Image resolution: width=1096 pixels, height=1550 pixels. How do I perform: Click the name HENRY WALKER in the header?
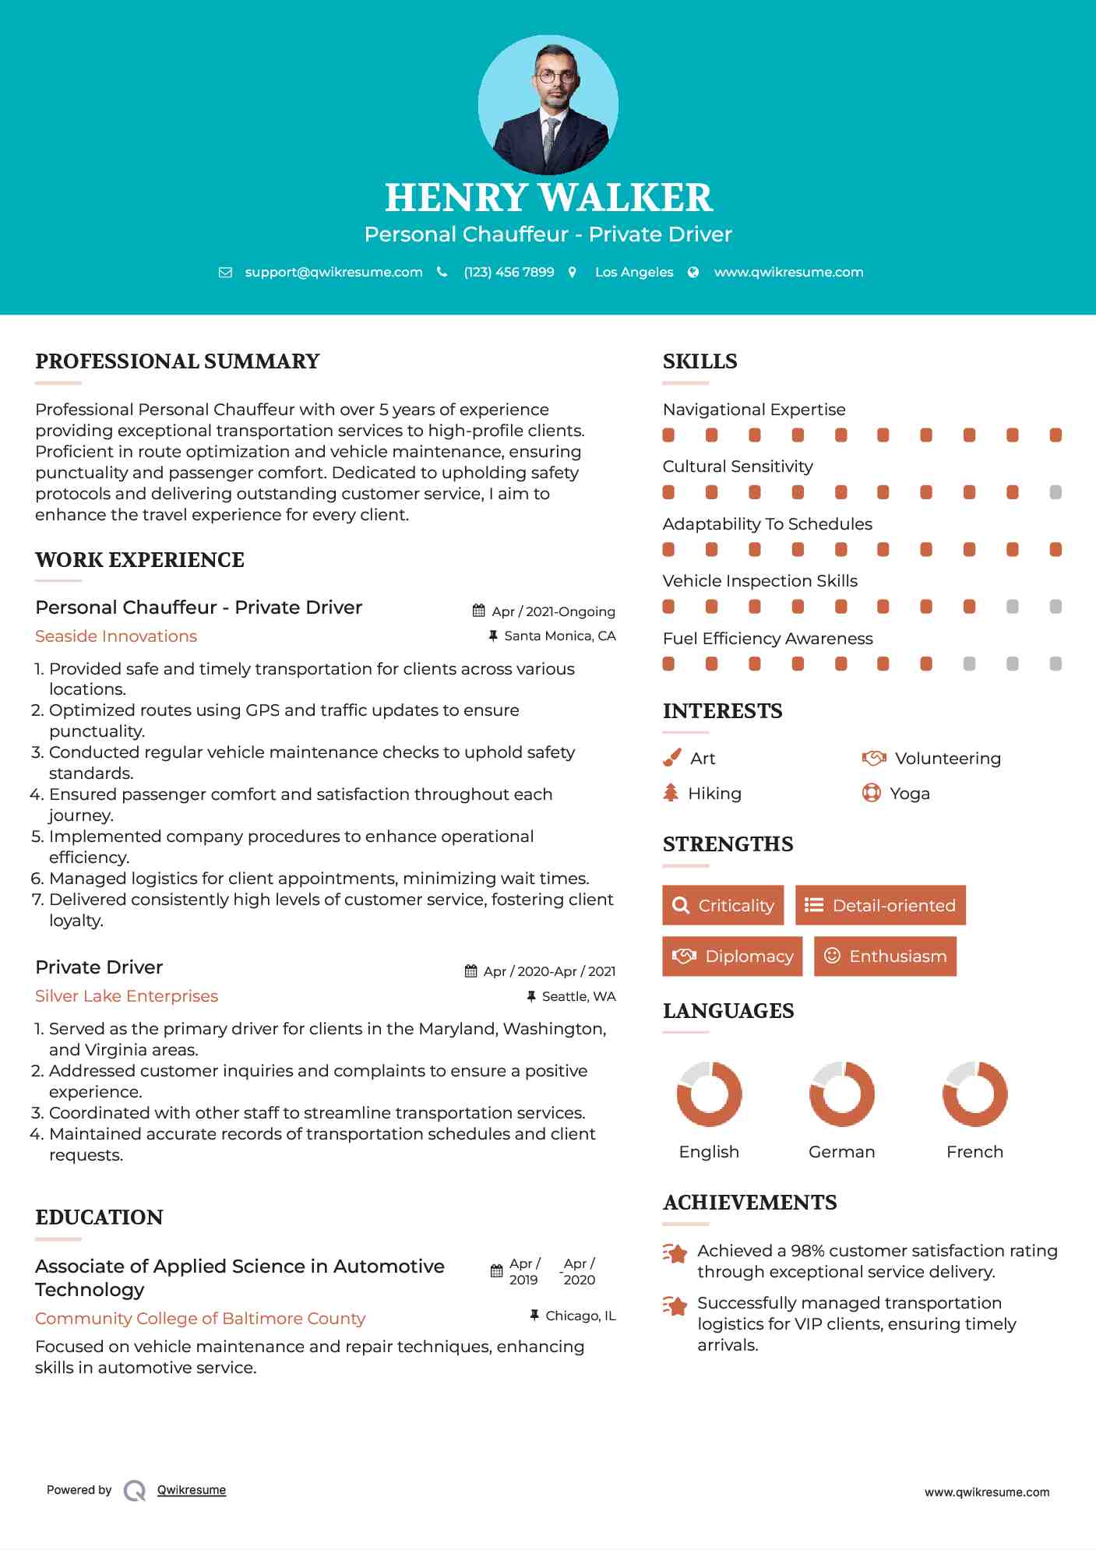pos(548,197)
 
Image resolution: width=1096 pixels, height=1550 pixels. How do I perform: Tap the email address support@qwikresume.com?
pos(333,272)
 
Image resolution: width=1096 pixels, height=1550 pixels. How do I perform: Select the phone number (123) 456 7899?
pos(509,272)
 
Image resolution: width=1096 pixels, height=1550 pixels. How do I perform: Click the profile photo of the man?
pos(548,104)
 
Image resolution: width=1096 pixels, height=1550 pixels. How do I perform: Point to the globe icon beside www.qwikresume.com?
pos(693,272)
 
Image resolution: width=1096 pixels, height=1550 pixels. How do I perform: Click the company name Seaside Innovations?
pos(116,636)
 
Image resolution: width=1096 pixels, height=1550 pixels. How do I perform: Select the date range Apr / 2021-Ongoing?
pos(553,611)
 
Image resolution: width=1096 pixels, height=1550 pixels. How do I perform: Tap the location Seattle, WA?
pos(578,996)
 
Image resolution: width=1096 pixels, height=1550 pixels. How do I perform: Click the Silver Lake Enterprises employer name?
pos(126,996)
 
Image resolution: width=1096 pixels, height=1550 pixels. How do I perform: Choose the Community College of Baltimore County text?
pos(200,1319)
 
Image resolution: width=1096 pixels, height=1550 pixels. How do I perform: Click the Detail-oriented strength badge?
pos(880,905)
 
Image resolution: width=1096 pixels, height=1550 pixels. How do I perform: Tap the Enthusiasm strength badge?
pos(885,956)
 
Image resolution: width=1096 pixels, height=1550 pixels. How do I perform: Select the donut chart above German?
pos(841,1094)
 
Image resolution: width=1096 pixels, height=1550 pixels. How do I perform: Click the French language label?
pos(974,1152)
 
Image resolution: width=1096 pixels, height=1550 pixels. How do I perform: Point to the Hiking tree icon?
pos(671,793)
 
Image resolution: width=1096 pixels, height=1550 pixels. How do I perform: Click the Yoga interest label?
pos(910,794)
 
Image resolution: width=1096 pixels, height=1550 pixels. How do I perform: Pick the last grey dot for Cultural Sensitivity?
pos(1055,492)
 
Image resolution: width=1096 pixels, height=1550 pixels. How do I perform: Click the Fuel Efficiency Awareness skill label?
pos(767,639)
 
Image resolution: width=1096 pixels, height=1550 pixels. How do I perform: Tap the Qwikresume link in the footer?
pos(192,1490)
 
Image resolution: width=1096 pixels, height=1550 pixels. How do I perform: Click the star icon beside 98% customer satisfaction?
pos(675,1253)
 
